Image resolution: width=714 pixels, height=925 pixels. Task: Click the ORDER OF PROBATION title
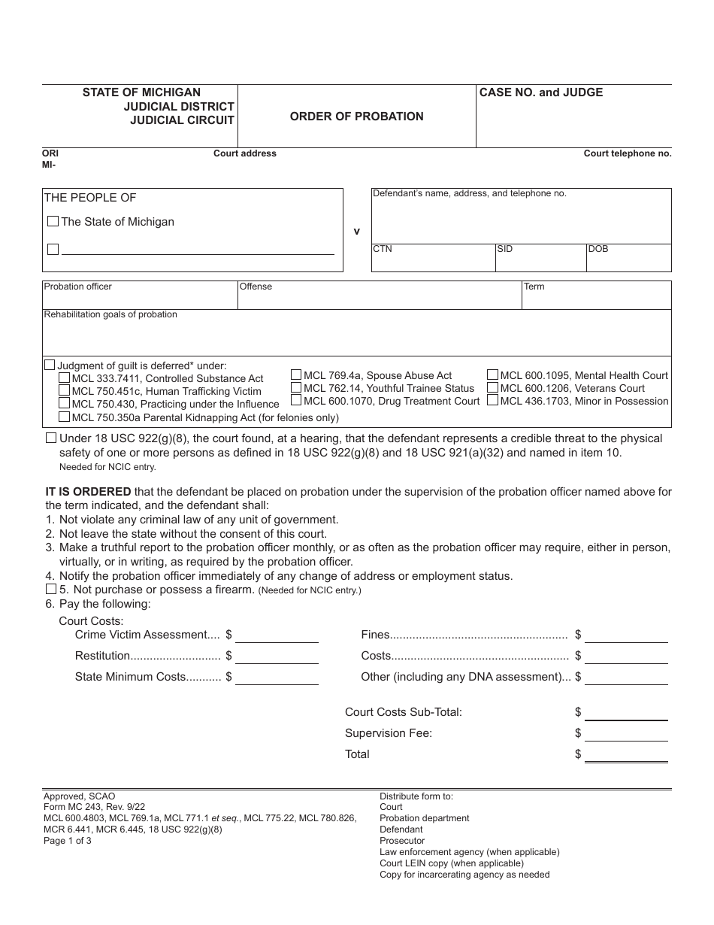click(356, 117)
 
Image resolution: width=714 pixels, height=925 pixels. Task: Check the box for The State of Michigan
click(53, 222)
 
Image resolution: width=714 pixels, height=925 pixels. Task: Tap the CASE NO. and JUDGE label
click(541, 92)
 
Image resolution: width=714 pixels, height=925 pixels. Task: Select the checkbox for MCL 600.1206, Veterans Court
click(493, 388)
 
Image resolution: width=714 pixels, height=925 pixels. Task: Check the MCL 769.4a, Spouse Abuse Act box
click(297, 375)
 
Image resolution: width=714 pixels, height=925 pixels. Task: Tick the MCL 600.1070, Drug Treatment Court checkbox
click(297, 401)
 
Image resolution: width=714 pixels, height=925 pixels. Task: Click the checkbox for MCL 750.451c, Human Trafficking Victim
click(65, 391)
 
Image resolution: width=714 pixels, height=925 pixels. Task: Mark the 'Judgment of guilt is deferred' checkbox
click(50, 365)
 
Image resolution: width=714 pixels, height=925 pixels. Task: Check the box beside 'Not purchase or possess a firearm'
click(51, 590)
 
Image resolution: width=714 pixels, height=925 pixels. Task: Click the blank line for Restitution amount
click(277, 657)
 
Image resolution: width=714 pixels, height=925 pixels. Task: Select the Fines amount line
click(626, 635)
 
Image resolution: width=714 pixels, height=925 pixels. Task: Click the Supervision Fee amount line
click(626, 733)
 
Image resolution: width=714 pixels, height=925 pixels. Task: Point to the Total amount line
click(626, 754)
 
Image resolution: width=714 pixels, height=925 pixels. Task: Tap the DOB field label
click(598, 249)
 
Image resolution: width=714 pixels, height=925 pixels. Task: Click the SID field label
click(505, 249)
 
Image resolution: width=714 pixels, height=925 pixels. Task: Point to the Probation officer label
click(78, 287)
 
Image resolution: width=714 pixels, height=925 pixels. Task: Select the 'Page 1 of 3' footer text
click(68, 841)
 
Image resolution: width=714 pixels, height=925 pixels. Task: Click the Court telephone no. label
click(628, 153)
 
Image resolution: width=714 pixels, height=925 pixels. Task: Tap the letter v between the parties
click(357, 232)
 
